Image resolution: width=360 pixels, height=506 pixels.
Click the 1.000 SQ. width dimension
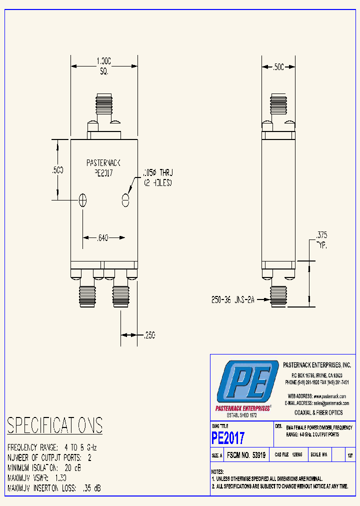coord(103,65)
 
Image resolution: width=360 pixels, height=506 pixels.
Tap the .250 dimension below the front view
coord(149,335)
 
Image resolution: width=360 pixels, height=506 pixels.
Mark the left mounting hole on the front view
coord(83,200)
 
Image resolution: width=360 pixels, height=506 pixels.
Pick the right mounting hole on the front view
coord(125,200)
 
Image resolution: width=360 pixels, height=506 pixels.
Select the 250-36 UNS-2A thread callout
coord(233,300)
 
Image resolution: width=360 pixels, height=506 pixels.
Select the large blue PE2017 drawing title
coord(228,438)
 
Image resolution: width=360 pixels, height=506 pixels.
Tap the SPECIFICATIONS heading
coord(55,425)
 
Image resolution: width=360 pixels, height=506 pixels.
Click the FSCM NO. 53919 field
coord(246,455)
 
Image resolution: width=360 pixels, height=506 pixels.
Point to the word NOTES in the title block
coord(217,471)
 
